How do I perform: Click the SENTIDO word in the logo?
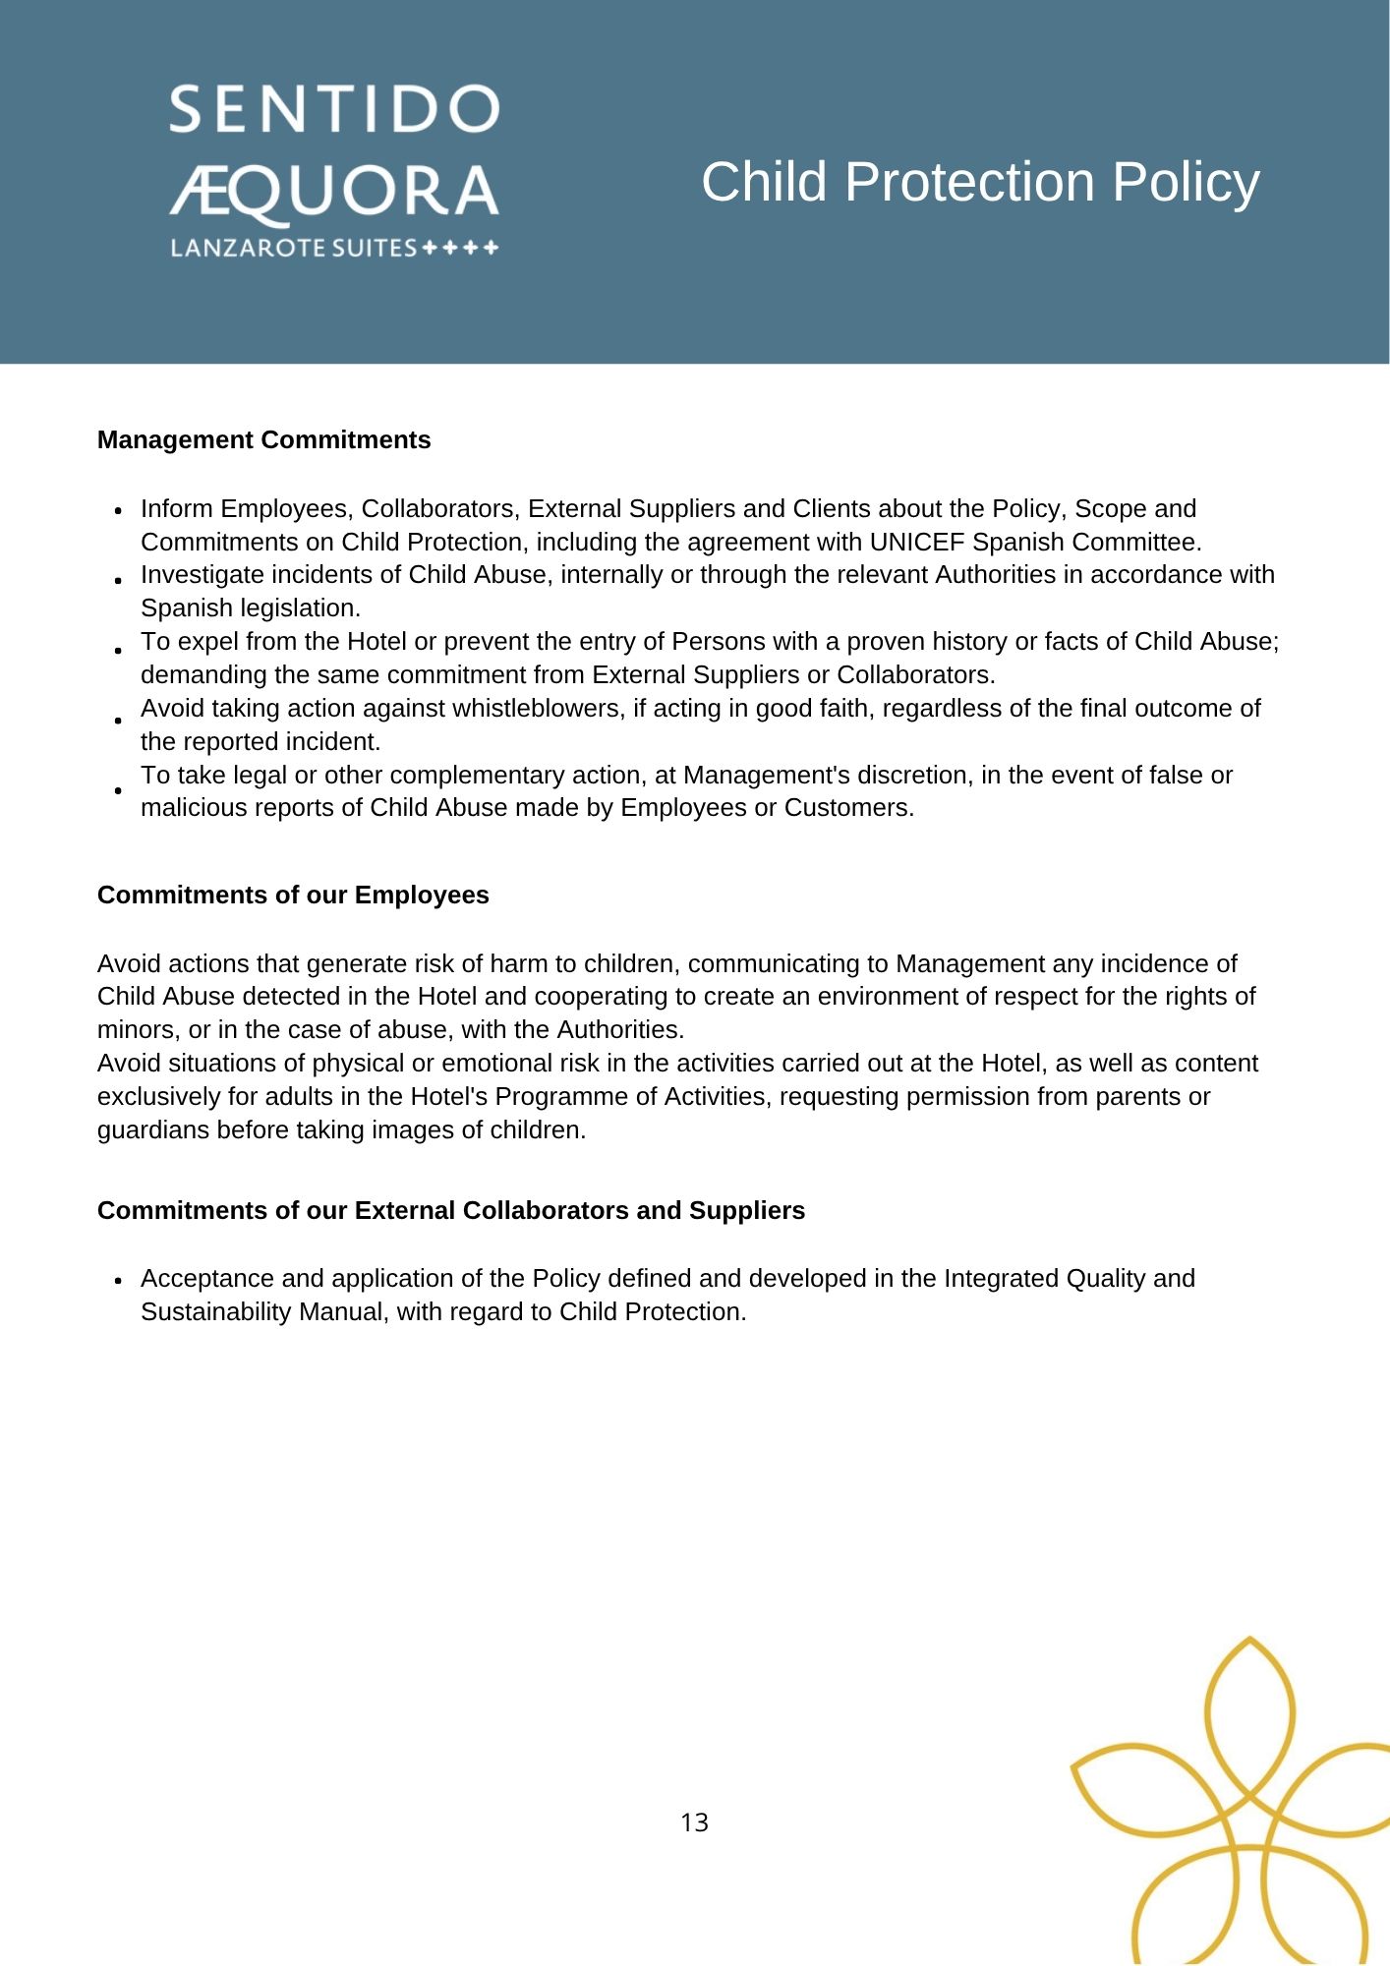[x=334, y=109]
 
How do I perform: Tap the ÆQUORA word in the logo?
[x=334, y=192]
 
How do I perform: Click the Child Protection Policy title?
[x=980, y=183]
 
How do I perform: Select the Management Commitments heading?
[x=263, y=439]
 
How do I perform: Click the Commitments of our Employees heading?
[x=293, y=895]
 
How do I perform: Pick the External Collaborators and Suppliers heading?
[x=451, y=1210]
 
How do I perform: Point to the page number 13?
[x=694, y=1822]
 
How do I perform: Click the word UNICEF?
[x=917, y=542]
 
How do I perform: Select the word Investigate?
[x=196, y=575]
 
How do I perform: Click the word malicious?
[x=194, y=808]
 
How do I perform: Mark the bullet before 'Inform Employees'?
[x=118, y=511]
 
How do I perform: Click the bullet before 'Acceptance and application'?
[x=118, y=1281]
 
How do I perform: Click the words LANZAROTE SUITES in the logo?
[x=294, y=248]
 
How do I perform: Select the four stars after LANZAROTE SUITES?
[x=460, y=248]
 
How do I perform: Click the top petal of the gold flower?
[x=1249, y=1710]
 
